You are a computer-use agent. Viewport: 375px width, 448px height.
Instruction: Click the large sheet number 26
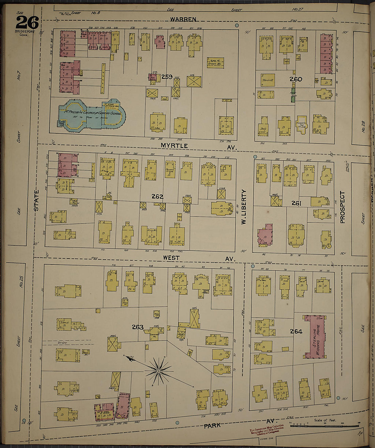tap(27, 23)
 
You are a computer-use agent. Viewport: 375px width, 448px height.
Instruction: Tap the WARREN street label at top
tap(183, 19)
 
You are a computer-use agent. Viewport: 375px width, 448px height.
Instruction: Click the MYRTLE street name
tap(175, 146)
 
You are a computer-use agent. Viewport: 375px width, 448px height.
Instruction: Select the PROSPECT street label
tap(342, 207)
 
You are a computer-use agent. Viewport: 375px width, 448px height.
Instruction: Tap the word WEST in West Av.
tap(171, 258)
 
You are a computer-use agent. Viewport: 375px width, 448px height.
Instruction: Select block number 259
tap(167, 77)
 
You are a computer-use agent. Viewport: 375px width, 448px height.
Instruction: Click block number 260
tap(296, 79)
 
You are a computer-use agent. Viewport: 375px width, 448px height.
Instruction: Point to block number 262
tap(157, 196)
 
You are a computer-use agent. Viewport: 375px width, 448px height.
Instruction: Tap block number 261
tap(296, 203)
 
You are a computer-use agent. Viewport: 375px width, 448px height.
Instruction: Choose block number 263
tap(138, 327)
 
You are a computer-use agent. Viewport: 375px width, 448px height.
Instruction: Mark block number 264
tap(296, 331)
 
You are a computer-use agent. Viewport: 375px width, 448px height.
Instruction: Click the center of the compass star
tap(159, 370)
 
